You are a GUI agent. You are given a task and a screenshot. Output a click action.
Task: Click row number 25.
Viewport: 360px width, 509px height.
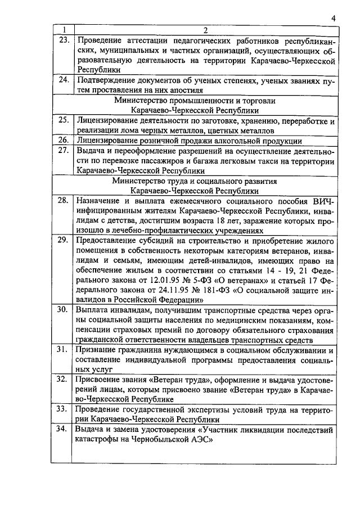(64, 120)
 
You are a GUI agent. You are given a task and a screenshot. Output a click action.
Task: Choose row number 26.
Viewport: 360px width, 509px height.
(64, 140)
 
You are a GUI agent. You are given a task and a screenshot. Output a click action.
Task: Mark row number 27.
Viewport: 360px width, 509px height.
(64, 150)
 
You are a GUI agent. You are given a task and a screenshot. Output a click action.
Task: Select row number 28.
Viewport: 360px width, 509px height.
(64, 200)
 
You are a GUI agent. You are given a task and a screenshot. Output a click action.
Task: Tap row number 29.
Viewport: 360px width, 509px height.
(64, 240)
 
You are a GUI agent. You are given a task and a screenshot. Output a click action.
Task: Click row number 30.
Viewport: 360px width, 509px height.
(64, 309)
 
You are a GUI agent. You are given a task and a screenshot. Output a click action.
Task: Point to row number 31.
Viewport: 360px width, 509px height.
(64, 349)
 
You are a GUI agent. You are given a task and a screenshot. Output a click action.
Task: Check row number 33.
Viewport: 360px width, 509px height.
(64, 409)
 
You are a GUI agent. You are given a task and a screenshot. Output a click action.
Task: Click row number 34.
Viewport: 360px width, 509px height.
(64, 430)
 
